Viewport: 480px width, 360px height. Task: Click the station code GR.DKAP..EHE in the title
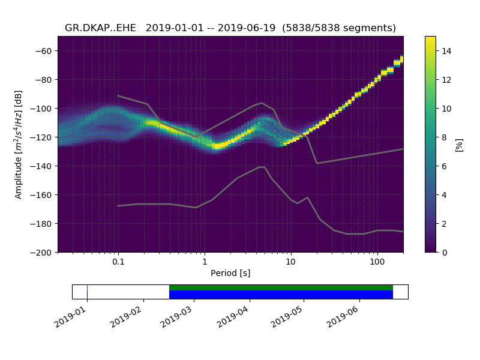tap(103, 28)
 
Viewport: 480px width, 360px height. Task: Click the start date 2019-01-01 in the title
tap(175, 28)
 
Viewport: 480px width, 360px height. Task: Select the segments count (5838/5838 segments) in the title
tap(340, 28)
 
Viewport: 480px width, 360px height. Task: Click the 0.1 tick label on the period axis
tap(118, 262)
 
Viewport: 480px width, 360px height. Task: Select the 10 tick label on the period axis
tap(290, 262)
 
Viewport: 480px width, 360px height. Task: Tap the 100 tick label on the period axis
tap(377, 262)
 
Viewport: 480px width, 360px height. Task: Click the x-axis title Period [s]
tap(230, 274)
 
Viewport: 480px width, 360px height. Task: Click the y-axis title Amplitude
tap(19, 144)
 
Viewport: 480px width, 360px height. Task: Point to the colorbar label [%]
tap(460, 144)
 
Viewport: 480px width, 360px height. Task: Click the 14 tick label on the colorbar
tap(445, 50)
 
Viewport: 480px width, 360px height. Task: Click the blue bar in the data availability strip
tap(281, 295)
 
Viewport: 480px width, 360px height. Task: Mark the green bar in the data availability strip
tap(281, 287)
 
